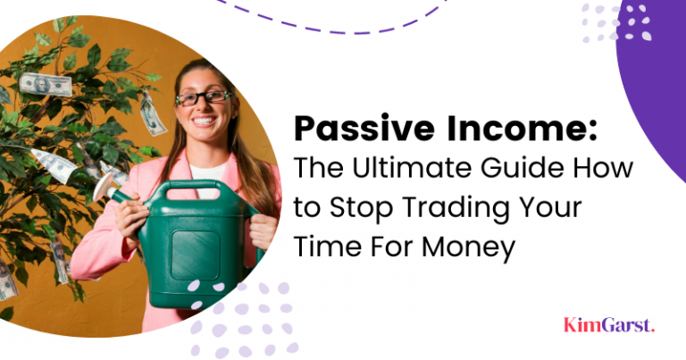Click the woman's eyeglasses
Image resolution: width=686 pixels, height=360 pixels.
[x=203, y=96]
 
